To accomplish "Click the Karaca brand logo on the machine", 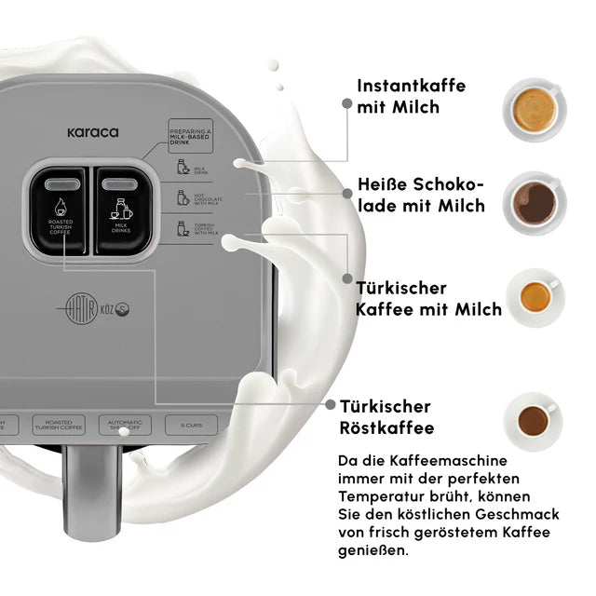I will click(92, 132).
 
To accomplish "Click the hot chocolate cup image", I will click(535, 202).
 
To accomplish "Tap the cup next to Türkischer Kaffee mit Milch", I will click(535, 297).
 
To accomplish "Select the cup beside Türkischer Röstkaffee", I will click(535, 421).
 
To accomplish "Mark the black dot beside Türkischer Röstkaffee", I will click(331, 405).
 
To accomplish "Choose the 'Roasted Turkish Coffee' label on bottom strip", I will click(59, 425).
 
